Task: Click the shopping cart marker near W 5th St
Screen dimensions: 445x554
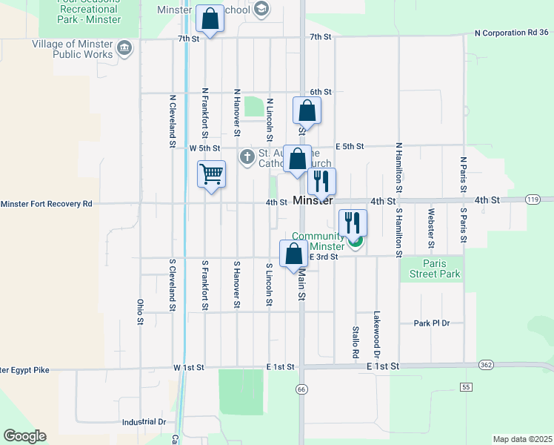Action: pos(212,175)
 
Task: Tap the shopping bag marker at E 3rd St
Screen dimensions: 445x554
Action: pos(294,254)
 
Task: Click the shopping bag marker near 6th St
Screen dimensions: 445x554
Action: pos(307,111)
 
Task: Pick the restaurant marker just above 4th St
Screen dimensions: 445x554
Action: pos(321,181)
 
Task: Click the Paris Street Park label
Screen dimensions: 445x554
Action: pos(441,268)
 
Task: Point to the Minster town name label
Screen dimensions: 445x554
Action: pos(313,201)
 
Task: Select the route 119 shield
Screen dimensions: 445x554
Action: pos(532,200)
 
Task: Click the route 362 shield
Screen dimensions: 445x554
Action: pos(486,365)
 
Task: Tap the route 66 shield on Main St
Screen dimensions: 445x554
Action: pos(301,389)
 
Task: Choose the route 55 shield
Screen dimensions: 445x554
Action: pos(466,387)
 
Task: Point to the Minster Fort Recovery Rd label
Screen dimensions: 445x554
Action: pos(46,203)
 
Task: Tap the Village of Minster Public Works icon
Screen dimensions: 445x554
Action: pos(124,49)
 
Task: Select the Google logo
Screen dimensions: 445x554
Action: pos(24,436)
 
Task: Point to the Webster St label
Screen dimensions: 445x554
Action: pos(430,228)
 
